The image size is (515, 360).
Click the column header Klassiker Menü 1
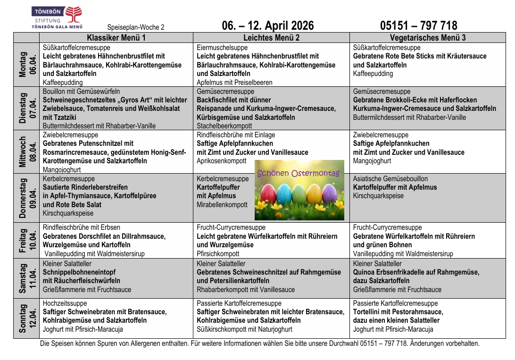116,38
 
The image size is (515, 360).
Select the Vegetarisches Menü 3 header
428,38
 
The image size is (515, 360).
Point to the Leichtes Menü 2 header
271,38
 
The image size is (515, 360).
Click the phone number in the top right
418,25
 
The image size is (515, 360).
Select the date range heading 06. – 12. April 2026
267,25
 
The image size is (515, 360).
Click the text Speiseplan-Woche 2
136,27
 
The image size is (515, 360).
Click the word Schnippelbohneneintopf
79,272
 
